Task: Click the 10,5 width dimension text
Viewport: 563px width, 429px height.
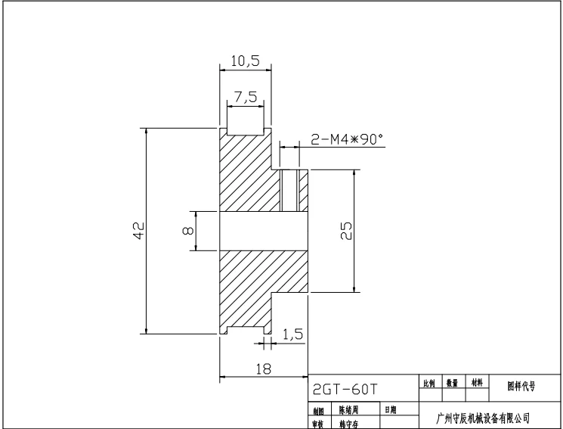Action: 245,61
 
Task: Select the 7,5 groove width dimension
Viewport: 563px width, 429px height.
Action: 245,97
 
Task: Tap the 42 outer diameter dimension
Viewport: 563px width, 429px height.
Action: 138,231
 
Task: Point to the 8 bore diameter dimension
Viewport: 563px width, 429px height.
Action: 187,231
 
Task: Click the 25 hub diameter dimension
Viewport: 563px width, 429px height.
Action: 346,231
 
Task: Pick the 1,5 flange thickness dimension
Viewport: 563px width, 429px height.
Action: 293,334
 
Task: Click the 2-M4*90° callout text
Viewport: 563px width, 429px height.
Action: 347,139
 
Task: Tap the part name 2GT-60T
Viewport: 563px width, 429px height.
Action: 345,389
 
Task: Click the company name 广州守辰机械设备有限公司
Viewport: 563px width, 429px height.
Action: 484,417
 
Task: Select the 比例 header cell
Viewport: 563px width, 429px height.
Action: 429,384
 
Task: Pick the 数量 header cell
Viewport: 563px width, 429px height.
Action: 452,384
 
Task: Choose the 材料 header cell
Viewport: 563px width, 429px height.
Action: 476,384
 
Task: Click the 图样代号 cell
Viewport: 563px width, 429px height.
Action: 521,384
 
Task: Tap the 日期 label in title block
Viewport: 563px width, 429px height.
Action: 391,410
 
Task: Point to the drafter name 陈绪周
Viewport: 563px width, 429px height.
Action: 348,410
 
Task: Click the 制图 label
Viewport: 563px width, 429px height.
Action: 318,410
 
